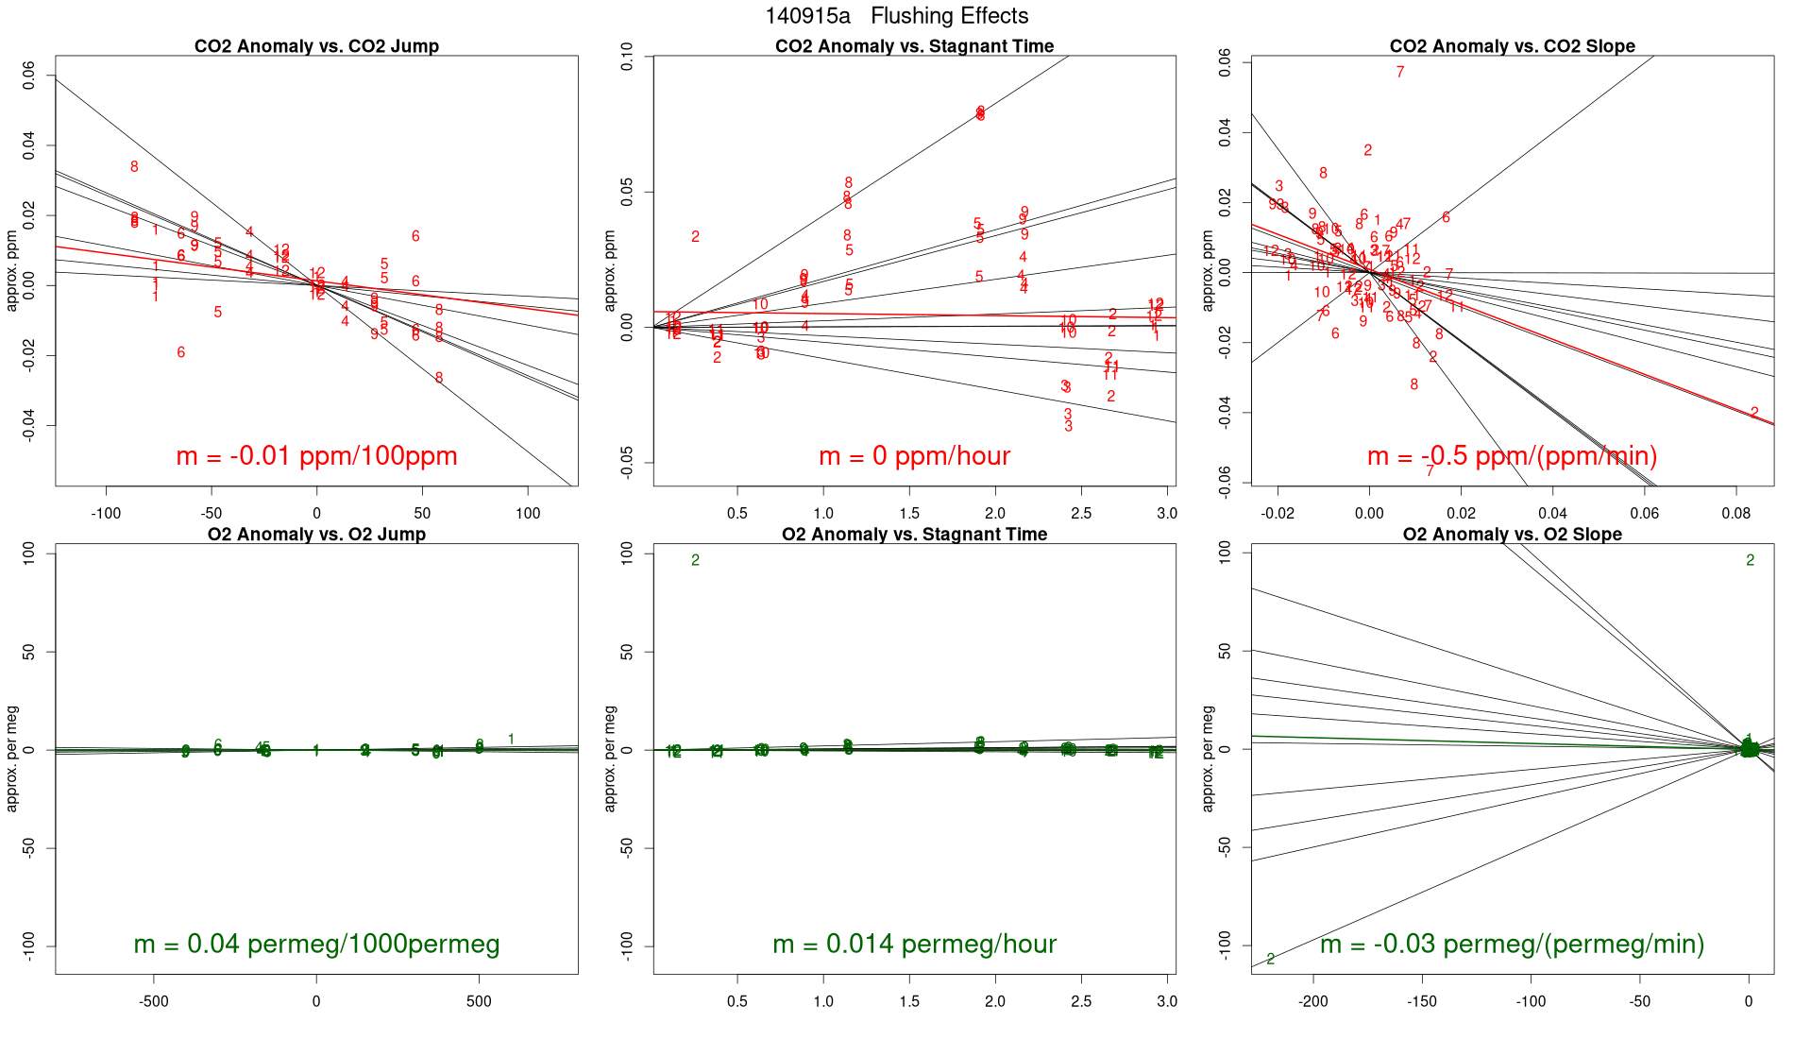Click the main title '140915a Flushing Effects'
896,16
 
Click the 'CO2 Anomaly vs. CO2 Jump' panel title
316,46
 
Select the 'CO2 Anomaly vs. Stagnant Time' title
914,46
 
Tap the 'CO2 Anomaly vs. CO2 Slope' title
1512,46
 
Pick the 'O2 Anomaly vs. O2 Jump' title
316,535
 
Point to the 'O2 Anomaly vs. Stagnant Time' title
914,535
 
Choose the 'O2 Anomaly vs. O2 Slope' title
1512,535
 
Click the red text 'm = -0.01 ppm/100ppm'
316,456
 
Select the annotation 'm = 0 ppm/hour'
914,456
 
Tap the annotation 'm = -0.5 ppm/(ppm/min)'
1512,456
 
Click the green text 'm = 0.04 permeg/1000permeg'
316,945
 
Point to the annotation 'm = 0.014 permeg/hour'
914,945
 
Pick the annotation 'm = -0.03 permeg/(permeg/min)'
1512,945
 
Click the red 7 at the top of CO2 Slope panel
1400,72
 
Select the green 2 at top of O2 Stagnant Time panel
695,560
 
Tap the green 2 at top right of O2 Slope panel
1750,560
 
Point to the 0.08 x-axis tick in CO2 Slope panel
1735,513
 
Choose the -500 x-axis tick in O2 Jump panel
154,1001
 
